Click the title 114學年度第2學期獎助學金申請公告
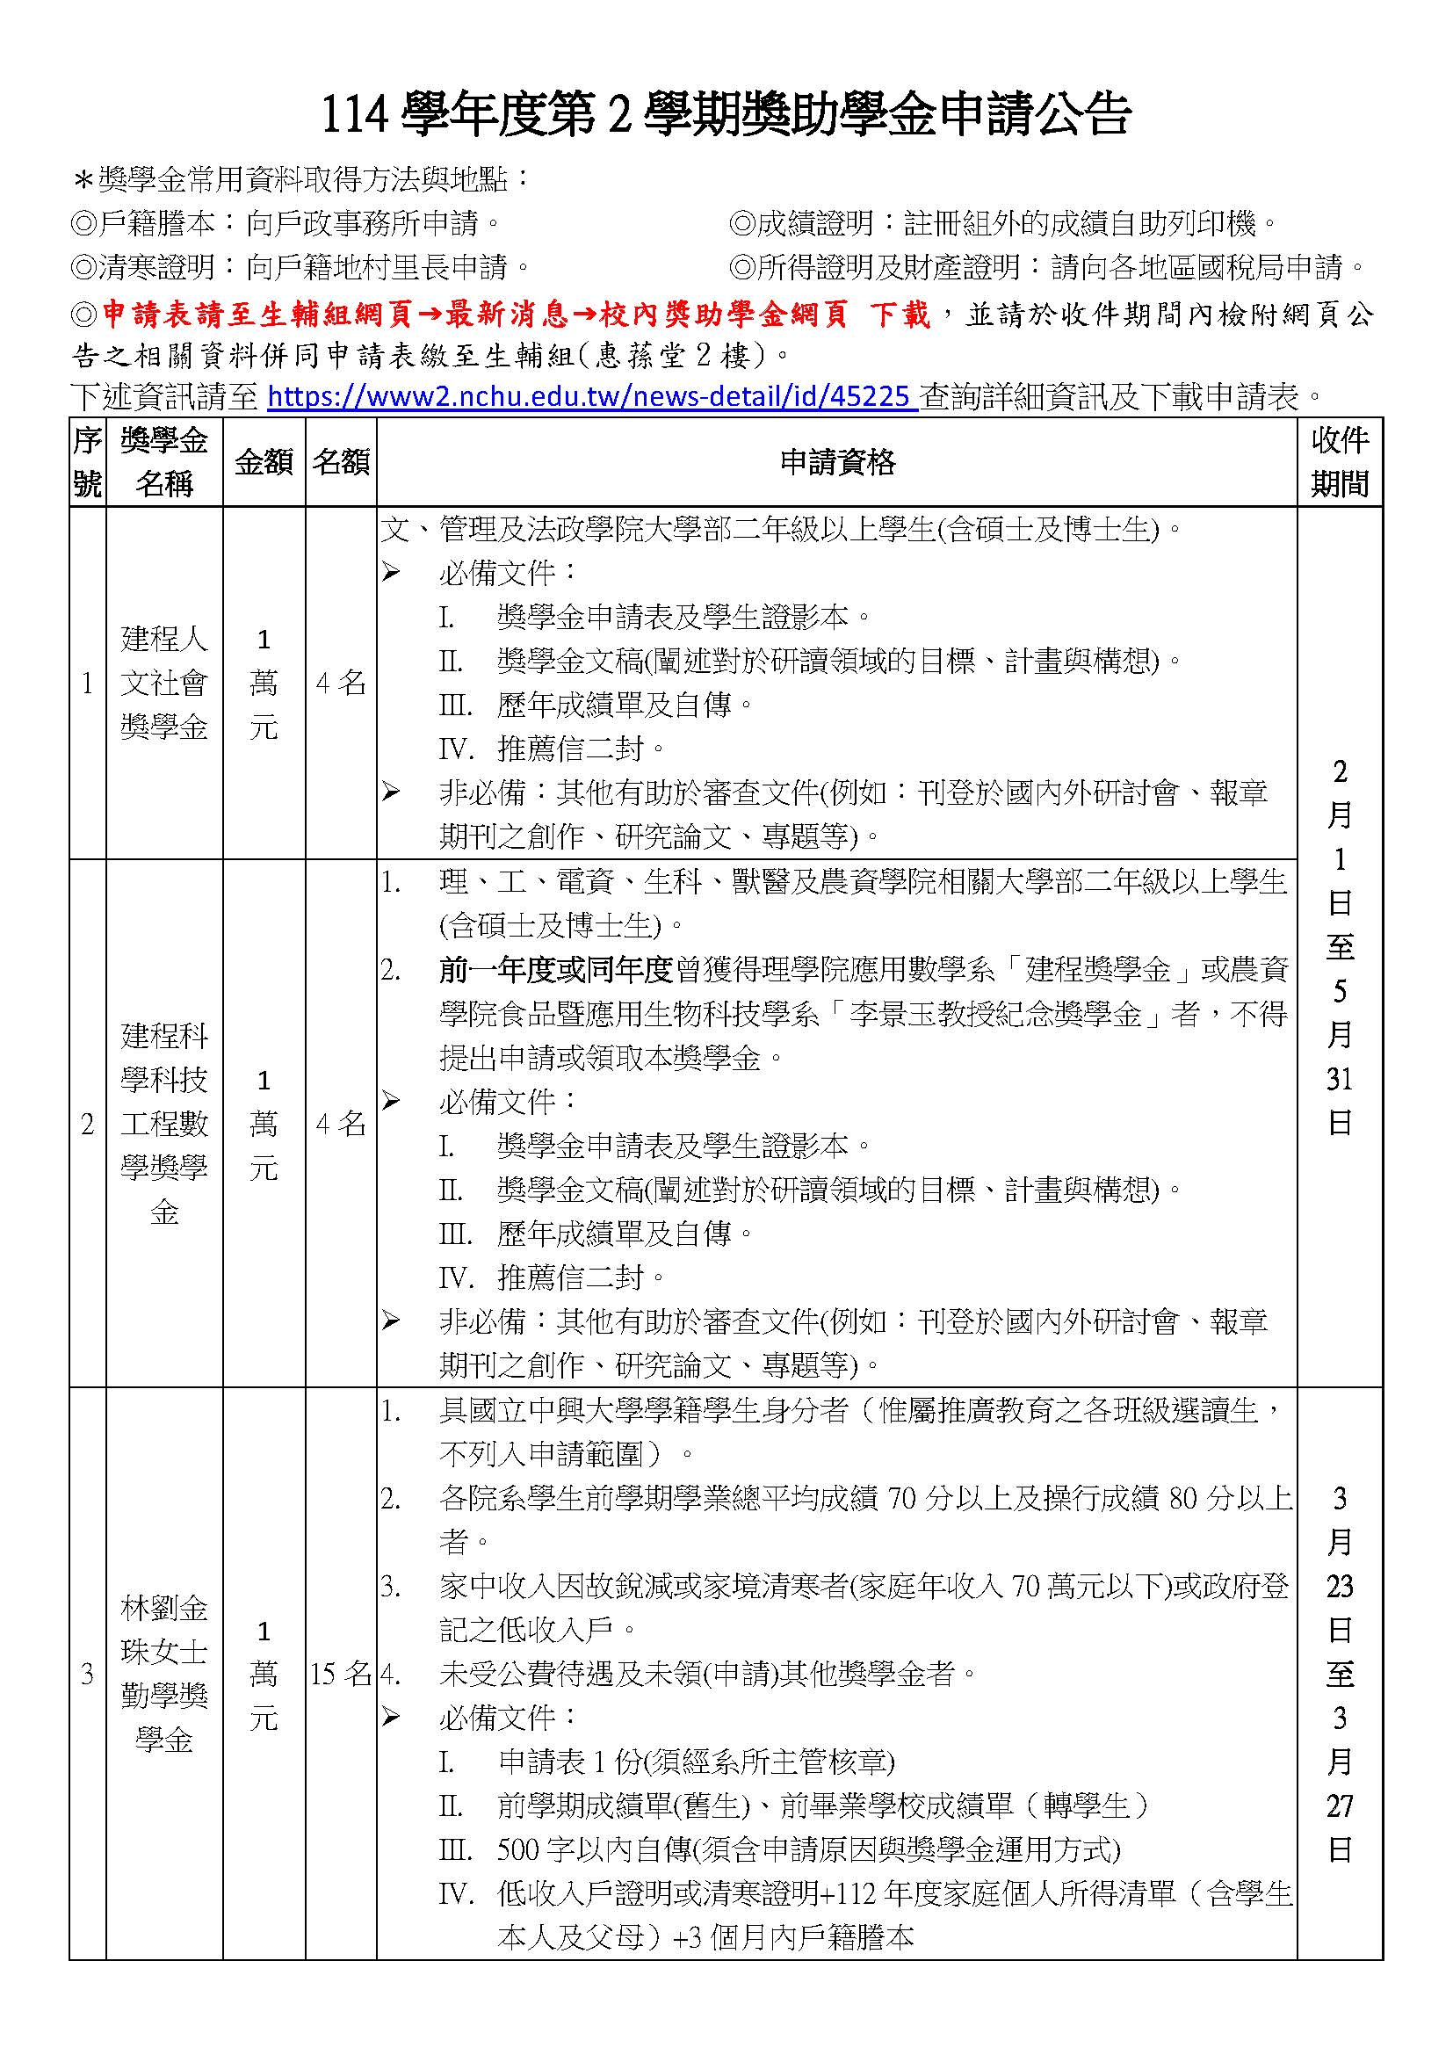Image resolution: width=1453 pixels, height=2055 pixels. [726, 114]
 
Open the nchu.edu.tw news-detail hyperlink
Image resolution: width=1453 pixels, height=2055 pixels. [591, 395]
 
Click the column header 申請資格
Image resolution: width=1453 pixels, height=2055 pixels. [836, 462]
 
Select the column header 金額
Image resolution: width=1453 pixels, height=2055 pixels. [264, 462]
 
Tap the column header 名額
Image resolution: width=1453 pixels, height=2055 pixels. [341, 462]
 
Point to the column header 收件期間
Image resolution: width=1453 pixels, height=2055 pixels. [1340, 462]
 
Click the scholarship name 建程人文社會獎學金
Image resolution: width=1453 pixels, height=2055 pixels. [164, 683]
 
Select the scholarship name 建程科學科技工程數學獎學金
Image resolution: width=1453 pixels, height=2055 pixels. [164, 1124]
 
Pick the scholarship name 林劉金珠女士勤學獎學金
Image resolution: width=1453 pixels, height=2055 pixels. [164, 1674]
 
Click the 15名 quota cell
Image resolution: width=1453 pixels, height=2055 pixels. [341, 1674]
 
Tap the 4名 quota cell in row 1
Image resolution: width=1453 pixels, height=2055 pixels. [341, 683]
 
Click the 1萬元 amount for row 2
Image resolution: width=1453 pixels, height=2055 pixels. [264, 1124]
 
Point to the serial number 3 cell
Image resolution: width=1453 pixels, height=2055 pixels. [87, 1674]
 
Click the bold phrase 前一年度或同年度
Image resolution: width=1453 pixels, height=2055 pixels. [555, 969]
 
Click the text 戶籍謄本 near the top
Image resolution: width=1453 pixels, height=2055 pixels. [157, 223]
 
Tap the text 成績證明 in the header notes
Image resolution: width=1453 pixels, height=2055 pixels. [815, 223]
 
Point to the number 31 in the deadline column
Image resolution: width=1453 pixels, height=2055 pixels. [1340, 1079]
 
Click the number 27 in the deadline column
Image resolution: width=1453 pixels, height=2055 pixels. [1340, 1805]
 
